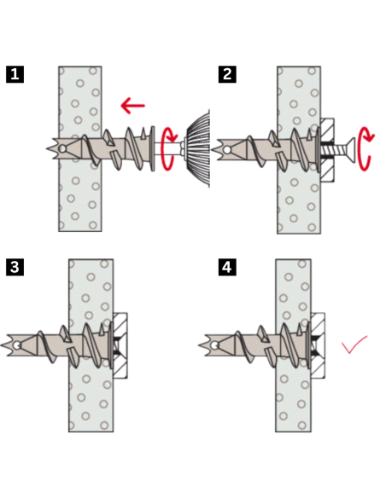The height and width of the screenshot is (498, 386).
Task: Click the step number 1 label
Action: [15, 74]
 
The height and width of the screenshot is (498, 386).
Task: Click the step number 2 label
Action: [227, 74]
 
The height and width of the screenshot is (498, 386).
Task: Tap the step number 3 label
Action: [15, 267]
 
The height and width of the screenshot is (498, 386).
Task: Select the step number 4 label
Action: [227, 267]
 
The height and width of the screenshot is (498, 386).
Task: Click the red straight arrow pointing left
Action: [133, 106]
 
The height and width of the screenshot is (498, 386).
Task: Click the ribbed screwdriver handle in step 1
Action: [198, 148]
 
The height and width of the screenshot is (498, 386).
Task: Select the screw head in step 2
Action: [349, 150]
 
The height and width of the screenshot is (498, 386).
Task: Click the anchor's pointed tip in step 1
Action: [47, 148]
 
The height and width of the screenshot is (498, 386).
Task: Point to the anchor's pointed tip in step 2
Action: [212, 149]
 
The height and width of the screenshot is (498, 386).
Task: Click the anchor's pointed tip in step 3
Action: [2, 345]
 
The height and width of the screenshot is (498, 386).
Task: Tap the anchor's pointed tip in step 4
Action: [200, 345]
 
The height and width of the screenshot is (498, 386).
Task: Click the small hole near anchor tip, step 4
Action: [214, 345]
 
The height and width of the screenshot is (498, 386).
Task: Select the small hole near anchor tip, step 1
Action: [62, 148]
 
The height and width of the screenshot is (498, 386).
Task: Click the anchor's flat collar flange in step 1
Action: [153, 148]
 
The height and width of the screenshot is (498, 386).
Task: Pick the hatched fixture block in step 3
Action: [120, 345]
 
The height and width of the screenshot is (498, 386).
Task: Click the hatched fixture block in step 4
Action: [318, 345]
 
